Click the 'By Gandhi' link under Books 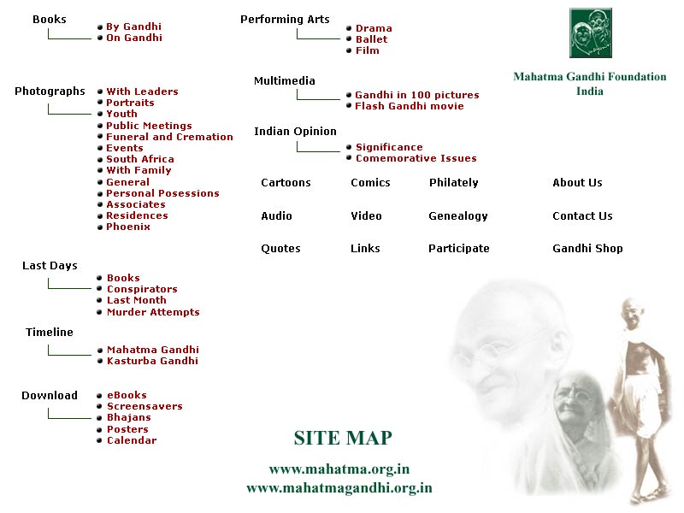[x=133, y=27]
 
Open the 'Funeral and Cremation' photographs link [x=169, y=137]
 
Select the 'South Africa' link [x=140, y=159]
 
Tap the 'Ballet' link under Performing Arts [x=371, y=39]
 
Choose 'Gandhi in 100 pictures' [x=417, y=95]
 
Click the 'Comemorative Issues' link [x=416, y=158]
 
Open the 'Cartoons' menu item [x=286, y=183]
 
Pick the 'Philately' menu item [x=454, y=183]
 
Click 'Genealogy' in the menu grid [x=458, y=216]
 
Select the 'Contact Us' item [x=582, y=216]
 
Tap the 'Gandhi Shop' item [x=587, y=249]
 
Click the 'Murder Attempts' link [x=153, y=312]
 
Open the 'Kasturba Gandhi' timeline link [x=152, y=361]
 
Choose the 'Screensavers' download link [x=144, y=407]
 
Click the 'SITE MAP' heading [x=343, y=438]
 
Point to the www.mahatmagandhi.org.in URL [x=339, y=487]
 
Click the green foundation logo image [x=591, y=32]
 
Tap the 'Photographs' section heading [x=50, y=91]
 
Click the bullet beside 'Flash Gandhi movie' [x=349, y=105]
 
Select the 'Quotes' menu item [x=280, y=249]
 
